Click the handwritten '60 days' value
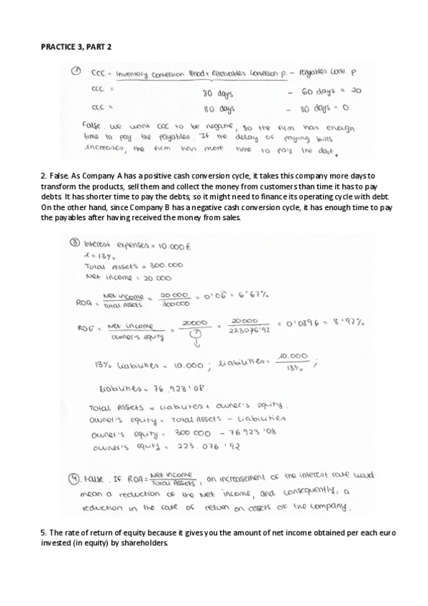click(317, 92)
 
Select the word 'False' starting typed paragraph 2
click(57, 175)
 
